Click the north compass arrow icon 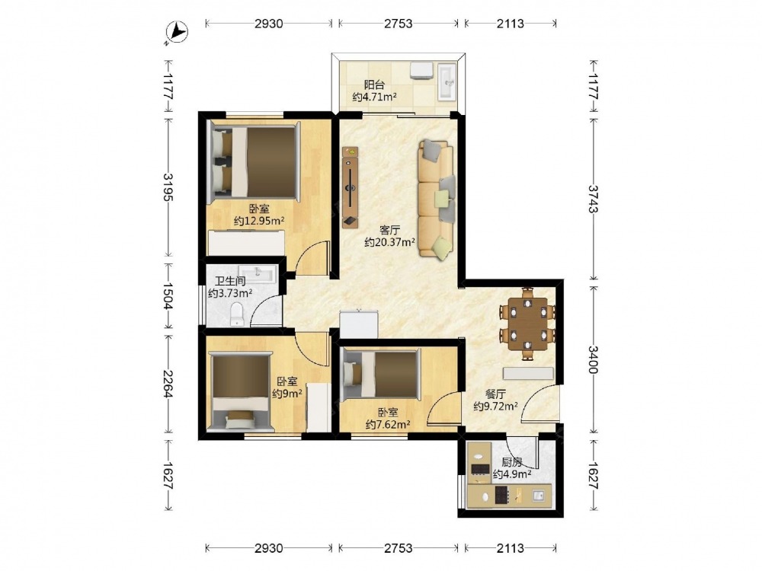click(x=177, y=33)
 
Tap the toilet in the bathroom click(x=237, y=314)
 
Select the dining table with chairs click(x=527, y=324)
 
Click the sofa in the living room click(x=436, y=198)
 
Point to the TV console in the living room click(x=350, y=187)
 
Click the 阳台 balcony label click(x=374, y=85)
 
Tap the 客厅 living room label click(x=389, y=229)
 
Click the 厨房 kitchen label click(x=512, y=462)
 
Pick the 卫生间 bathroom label click(x=230, y=281)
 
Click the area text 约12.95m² click(x=259, y=222)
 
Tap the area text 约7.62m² click(x=388, y=425)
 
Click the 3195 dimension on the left click(x=168, y=187)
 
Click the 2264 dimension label click(x=168, y=384)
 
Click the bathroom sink click(x=258, y=273)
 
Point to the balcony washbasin click(x=447, y=81)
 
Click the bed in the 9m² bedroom click(x=240, y=391)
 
